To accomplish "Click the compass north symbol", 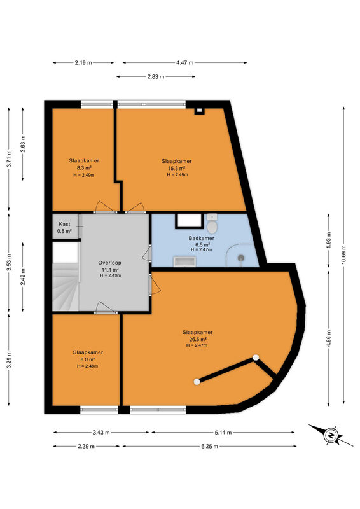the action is point(331,435).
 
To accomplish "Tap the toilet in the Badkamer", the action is point(212,223).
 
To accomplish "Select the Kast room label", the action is point(64,224).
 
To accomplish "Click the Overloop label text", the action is point(110,263).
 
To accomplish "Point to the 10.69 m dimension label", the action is point(343,254).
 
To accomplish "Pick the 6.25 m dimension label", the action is point(209,446).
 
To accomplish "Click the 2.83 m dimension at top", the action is point(155,76).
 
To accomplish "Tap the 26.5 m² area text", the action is point(198,339).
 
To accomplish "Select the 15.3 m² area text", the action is point(177,168).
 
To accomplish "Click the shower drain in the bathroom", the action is point(241,258).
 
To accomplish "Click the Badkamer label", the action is point(201,238).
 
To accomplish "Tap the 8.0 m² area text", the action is point(88,359).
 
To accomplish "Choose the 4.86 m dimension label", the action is point(328,338).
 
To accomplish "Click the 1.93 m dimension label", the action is point(328,241).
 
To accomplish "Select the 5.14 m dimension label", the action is point(223,433).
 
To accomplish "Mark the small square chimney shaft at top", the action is point(199,111).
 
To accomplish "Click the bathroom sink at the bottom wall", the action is point(184,261).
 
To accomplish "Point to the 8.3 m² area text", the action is point(84,168).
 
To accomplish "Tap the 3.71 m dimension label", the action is point(9,158).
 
